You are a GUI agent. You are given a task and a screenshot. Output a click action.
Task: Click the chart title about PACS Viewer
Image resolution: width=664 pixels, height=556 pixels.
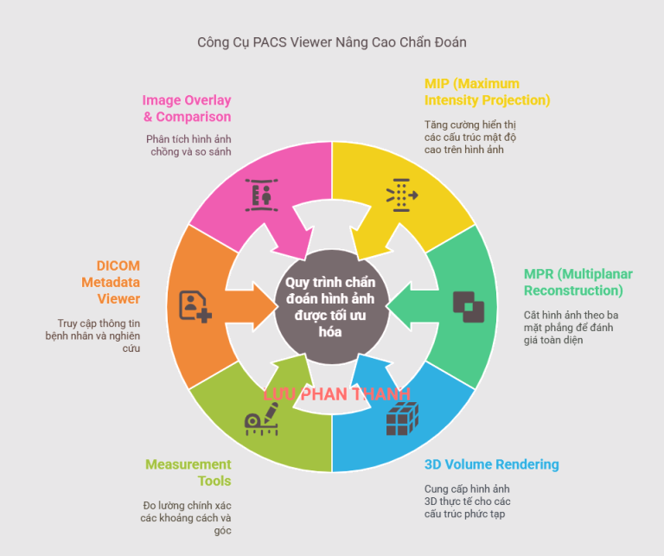tap(332, 42)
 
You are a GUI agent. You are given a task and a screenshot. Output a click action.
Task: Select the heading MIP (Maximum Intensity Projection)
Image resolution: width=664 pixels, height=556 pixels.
tap(487, 93)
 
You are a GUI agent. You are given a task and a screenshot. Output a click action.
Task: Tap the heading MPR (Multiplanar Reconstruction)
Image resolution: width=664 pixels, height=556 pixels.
tap(578, 282)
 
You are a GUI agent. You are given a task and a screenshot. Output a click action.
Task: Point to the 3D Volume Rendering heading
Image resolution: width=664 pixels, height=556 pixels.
tap(491, 464)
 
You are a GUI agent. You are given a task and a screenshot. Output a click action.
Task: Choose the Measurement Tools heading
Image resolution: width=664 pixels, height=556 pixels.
tap(188, 472)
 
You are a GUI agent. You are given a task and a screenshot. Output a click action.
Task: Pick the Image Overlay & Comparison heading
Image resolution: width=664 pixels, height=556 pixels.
tap(187, 108)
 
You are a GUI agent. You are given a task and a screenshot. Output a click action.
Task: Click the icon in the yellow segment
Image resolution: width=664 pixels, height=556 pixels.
tap(401, 195)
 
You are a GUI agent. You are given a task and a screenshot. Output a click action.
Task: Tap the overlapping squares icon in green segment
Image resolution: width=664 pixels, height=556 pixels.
tap(468, 306)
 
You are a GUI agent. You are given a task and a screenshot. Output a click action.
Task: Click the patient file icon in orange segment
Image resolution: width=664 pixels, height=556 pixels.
tap(195, 306)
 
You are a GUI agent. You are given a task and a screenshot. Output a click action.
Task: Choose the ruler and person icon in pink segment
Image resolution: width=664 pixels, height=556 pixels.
tap(261, 195)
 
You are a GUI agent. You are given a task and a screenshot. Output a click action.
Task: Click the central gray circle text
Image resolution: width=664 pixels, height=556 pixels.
tap(332, 305)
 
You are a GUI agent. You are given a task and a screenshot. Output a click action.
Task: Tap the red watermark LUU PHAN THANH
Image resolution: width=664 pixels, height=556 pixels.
tap(336, 394)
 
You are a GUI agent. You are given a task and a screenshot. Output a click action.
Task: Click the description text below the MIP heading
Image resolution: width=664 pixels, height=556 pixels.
tap(469, 137)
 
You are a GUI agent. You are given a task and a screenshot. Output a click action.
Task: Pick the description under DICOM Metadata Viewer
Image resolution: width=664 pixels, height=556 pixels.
tap(94, 336)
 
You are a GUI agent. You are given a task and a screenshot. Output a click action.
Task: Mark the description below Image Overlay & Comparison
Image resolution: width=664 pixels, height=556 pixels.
tap(188, 145)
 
